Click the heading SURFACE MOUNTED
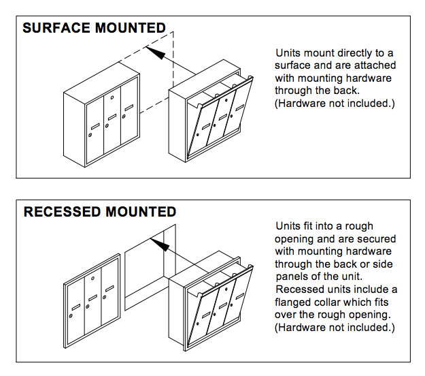(x=94, y=29)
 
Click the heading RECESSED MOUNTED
(x=100, y=212)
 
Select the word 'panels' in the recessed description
(x=291, y=277)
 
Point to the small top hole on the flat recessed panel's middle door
(x=93, y=279)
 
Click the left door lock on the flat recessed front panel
(x=72, y=319)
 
